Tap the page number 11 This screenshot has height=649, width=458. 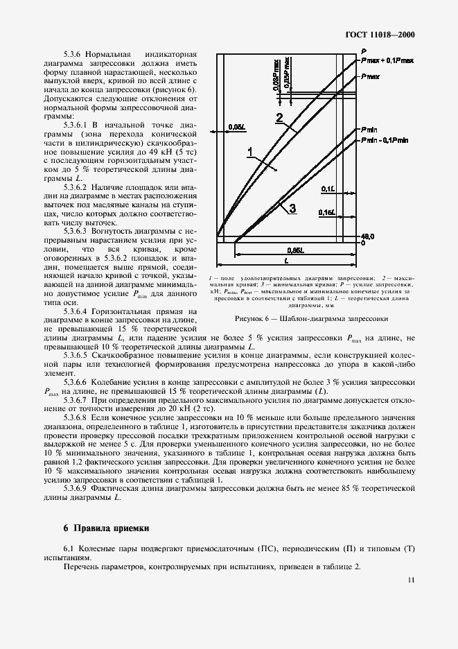[412, 580]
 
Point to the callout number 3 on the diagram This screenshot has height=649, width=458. [292, 208]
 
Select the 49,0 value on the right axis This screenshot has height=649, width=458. [367, 236]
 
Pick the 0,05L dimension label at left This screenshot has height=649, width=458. [236, 127]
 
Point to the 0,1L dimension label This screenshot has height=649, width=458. [328, 188]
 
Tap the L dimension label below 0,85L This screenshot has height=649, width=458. [286, 261]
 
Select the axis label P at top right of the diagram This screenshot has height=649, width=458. [363, 51]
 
